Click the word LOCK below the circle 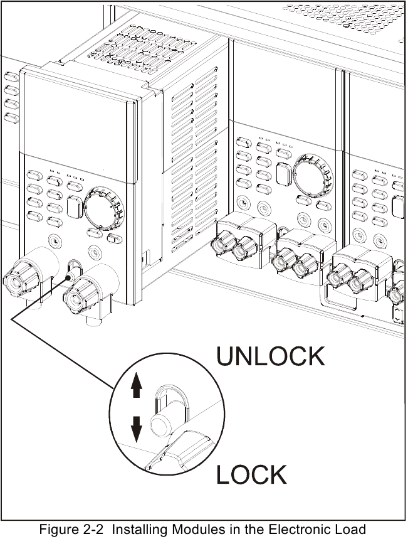251,474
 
